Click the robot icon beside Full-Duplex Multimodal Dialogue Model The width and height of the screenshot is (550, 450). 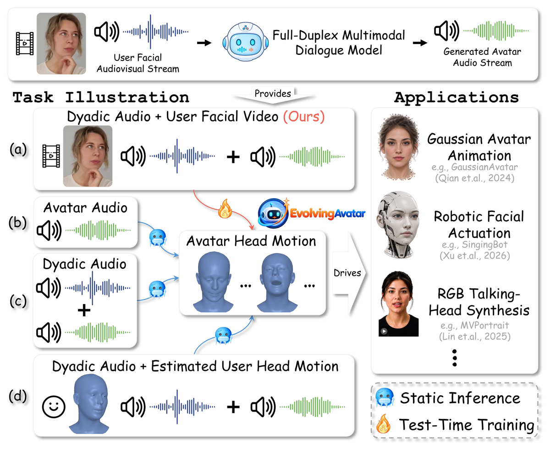tap(245, 42)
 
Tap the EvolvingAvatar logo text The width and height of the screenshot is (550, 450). tap(328, 213)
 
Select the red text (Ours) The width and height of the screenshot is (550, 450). tap(304, 116)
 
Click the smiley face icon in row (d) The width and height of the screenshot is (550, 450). tap(54, 407)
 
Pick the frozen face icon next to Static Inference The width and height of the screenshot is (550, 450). tap(385, 397)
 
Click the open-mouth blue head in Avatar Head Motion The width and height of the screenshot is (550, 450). tap(277, 282)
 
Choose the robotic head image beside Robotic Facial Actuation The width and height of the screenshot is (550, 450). tap(398, 224)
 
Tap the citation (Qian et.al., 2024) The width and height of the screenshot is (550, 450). tap(475, 178)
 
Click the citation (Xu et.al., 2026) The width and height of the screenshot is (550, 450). tap(475, 255)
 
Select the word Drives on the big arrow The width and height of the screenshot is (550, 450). tap(347, 273)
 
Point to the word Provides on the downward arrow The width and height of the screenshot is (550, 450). tap(273, 93)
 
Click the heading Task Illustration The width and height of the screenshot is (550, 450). tap(101, 98)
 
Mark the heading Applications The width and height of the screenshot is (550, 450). tap(456, 98)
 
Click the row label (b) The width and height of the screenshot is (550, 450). tap(18, 222)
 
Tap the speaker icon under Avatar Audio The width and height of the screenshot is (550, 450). tap(49, 230)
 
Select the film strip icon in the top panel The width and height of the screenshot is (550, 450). tap(25, 43)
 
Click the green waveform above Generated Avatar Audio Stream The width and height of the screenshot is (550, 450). tap(496, 31)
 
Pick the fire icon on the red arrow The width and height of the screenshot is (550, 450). tap(225, 209)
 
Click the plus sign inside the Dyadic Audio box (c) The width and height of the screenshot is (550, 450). tap(84, 310)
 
